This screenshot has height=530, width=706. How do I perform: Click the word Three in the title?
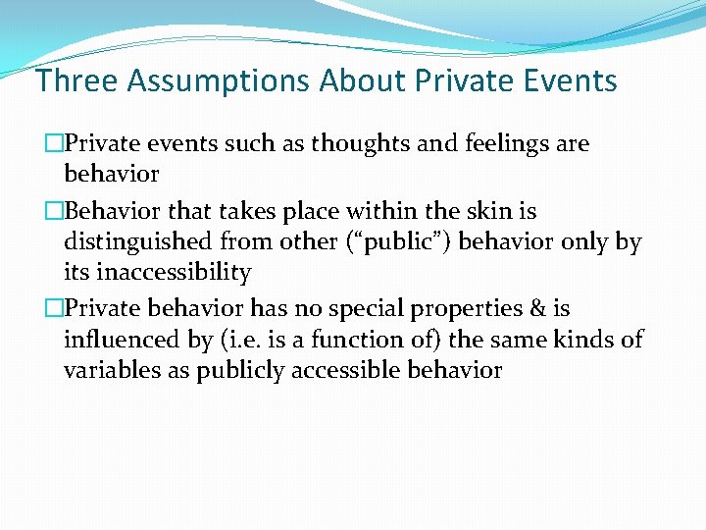click(x=74, y=79)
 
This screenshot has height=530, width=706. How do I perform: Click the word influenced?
click(x=122, y=340)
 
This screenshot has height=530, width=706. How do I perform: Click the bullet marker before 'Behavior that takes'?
click(x=55, y=211)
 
